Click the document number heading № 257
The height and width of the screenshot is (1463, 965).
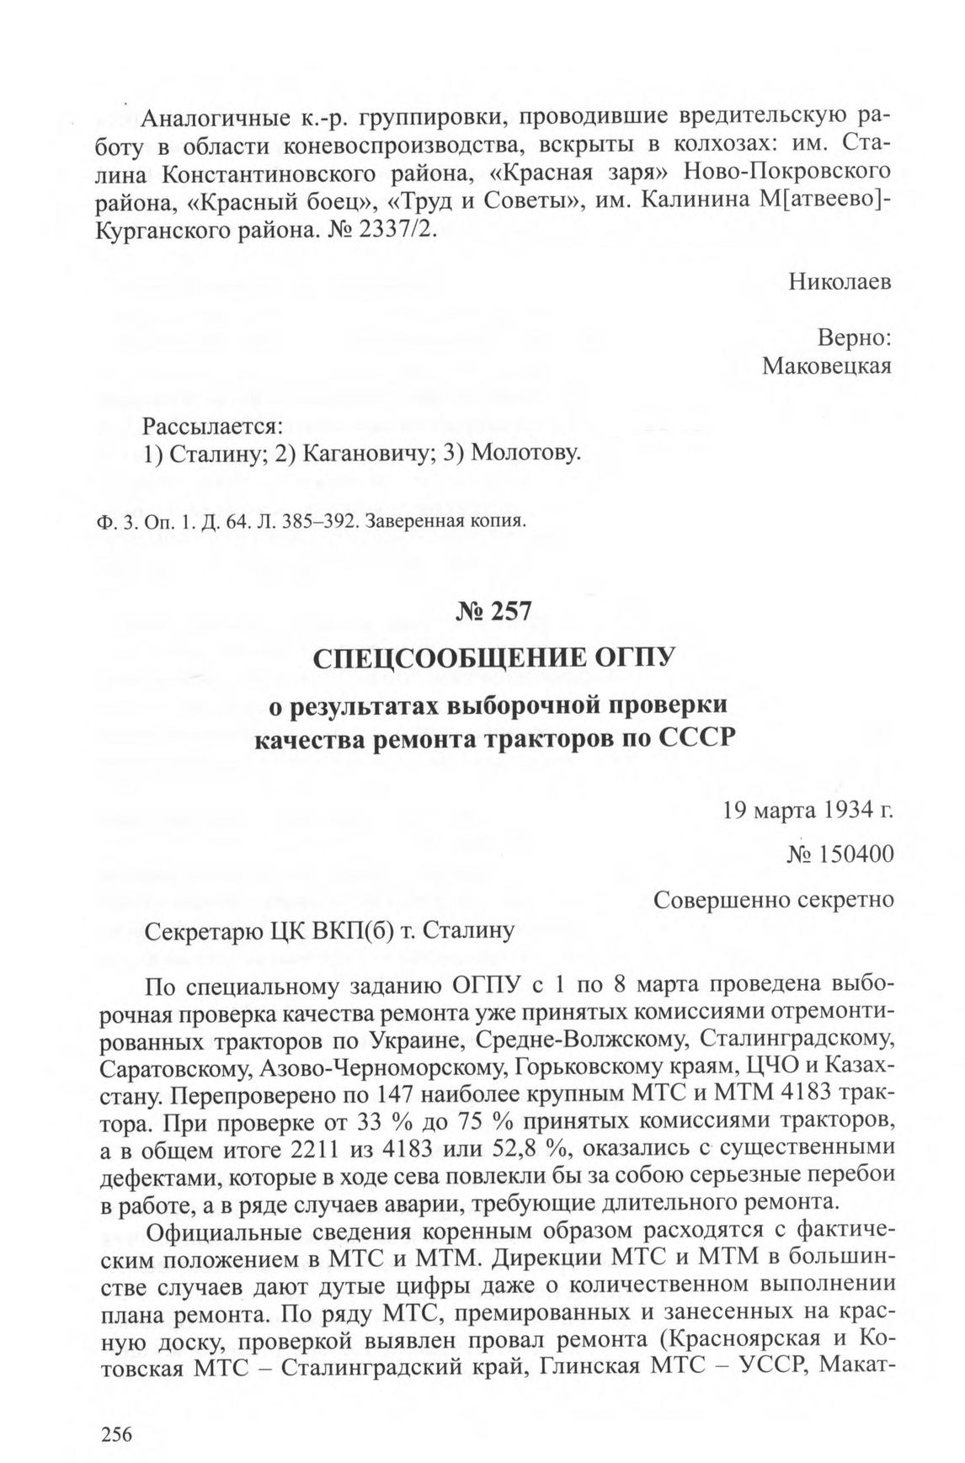[x=495, y=611]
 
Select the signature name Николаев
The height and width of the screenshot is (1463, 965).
[x=840, y=282]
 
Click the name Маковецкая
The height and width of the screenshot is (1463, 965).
[x=827, y=365]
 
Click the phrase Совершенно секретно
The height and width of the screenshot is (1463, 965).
[x=773, y=900]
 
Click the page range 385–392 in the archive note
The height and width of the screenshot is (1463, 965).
[x=326, y=520]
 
